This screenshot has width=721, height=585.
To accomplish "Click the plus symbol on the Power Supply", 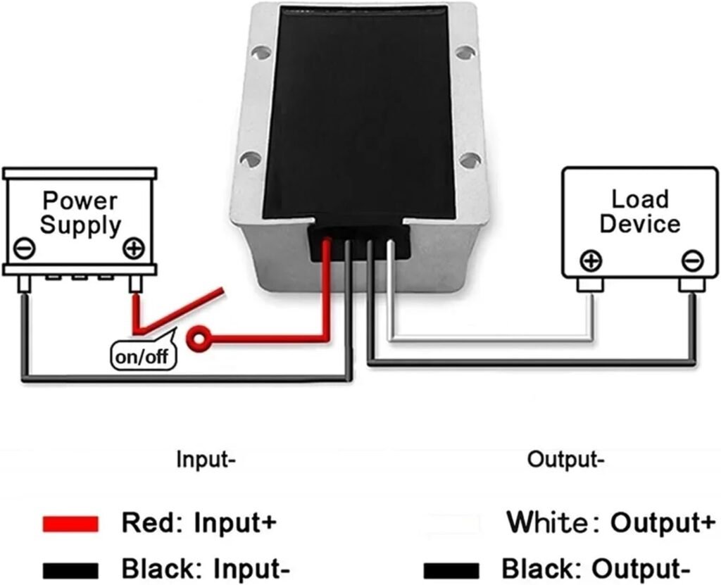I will coord(133,249).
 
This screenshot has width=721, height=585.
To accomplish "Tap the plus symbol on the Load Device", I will coord(591,261).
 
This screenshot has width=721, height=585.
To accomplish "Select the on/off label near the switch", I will coord(143,356).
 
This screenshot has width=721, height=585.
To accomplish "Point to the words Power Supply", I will coord(80,213).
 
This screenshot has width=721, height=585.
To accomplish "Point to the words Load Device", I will coord(639,211).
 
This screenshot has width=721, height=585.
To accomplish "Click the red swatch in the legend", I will coord(70,524).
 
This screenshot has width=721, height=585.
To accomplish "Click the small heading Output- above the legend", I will coord(565,461).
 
